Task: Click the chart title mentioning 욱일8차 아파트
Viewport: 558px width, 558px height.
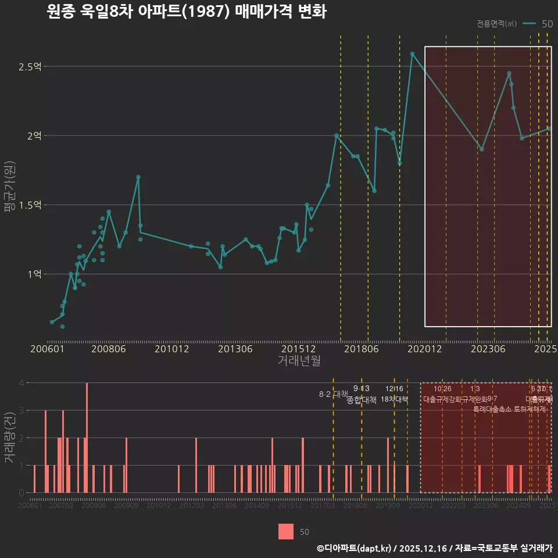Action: (187, 12)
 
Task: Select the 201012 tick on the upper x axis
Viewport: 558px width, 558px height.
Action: (172, 349)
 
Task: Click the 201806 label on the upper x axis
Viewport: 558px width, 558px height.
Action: (361, 349)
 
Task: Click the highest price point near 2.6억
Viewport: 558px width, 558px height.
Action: (412, 53)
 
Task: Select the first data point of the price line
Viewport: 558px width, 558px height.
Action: (52, 321)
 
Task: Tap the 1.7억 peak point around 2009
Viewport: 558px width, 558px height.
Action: (138, 177)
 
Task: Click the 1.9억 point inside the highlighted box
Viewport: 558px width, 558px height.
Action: (481, 149)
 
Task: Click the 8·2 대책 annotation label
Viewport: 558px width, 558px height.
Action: (333, 394)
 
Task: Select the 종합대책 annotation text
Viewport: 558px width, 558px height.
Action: (361, 400)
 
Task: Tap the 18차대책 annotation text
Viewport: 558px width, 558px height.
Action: (394, 399)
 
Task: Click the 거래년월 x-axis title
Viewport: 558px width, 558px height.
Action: (299, 361)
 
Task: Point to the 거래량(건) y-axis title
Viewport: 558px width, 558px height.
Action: (9, 438)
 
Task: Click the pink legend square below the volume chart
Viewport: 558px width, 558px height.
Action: (285, 531)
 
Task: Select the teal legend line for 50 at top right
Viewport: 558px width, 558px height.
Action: (530, 24)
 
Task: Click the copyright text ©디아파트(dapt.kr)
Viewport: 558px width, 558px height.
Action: (355, 548)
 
